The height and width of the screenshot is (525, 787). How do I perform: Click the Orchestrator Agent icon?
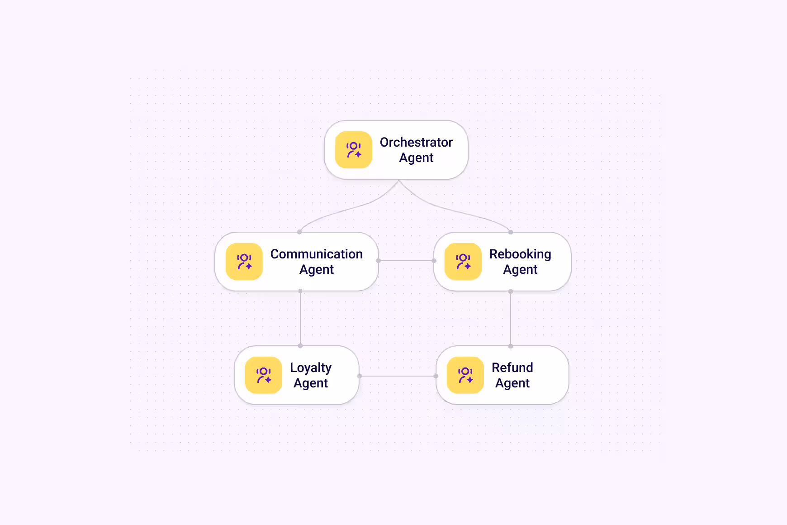pos(354,150)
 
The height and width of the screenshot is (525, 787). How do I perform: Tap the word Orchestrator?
pos(416,142)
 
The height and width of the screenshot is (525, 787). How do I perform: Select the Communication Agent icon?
pos(244,262)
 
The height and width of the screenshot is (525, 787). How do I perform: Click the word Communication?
pos(317,254)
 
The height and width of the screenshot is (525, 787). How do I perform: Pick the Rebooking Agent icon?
pos(463,262)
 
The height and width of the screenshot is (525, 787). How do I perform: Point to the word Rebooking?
pos(520,254)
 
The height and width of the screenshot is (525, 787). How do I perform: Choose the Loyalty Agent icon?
pos(264,375)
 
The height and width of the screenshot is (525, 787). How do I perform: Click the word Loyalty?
pos(311,368)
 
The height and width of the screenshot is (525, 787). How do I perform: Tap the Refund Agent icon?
pos(465,375)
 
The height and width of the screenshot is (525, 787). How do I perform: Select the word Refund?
pos(512,367)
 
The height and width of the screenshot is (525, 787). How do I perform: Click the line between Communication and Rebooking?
pos(406,261)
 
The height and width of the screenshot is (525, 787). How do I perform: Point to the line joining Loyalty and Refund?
pos(398,376)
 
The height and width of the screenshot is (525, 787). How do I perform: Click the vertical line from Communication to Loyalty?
pos(300,318)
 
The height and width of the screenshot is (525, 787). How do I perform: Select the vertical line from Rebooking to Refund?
pos(511,319)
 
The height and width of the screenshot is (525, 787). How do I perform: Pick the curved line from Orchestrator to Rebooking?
pos(452,209)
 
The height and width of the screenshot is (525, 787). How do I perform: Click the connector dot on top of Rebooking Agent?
pos(511,232)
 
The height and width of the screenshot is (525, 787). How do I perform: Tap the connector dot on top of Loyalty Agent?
pos(300,346)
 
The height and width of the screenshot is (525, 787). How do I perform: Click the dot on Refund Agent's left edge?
pos(436,376)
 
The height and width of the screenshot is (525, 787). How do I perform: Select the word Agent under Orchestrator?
pos(416,158)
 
